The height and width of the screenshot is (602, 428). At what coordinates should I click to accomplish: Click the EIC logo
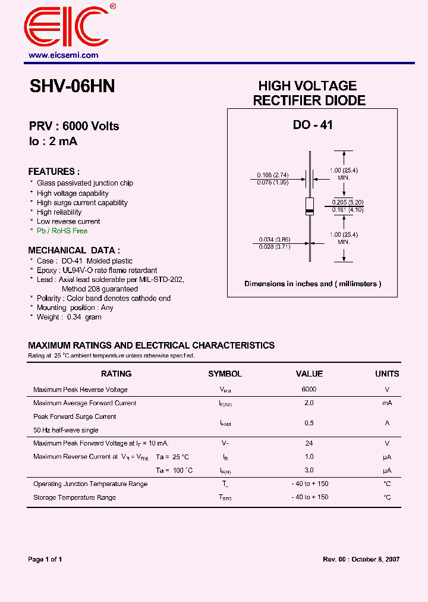pos(67,27)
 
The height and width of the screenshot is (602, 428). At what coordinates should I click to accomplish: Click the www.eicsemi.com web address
pos(64,55)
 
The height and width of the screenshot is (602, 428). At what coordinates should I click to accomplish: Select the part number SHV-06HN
pos(72,87)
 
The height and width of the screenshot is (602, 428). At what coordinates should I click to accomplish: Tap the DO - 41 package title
pos(313,125)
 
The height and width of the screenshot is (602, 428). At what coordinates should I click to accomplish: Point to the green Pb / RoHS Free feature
pos(62,231)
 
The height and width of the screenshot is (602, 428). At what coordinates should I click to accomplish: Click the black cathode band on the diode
pos(309,211)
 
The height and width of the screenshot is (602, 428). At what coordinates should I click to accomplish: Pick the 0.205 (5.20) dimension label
pos(348,203)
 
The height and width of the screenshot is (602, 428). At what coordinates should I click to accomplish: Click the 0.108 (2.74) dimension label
pos(272,175)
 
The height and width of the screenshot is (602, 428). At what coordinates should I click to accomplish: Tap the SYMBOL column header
pos(225,374)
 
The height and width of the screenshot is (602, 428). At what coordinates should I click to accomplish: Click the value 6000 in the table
pos(309,390)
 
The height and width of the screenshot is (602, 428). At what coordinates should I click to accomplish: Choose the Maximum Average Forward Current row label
pos(84,403)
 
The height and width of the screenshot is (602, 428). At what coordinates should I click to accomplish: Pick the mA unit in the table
pos(387,403)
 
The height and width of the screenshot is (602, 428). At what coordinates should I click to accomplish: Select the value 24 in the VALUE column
pos(309,443)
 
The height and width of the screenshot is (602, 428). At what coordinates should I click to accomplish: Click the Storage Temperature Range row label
pos(74,497)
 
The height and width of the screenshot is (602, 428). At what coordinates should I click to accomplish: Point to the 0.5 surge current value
pos(309,423)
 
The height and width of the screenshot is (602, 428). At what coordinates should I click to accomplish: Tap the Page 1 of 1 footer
pos(45,559)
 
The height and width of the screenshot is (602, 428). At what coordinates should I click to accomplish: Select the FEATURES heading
pos(54,171)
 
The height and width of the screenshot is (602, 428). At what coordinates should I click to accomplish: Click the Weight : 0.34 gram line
pos(69,317)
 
